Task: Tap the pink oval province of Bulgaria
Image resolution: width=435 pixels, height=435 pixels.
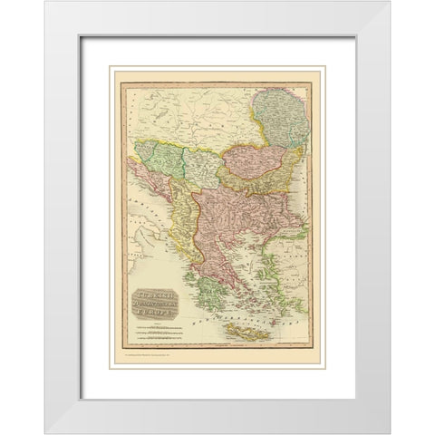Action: (x=254, y=159)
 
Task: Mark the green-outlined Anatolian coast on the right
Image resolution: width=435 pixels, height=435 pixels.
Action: (x=295, y=272)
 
